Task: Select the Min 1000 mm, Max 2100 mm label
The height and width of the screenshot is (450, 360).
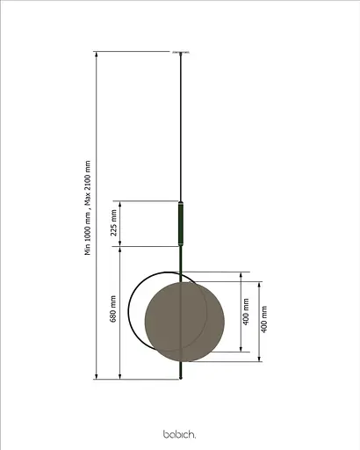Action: pyautogui.click(x=88, y=207)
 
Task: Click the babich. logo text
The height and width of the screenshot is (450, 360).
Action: pyautogui.click(x=180, y=434)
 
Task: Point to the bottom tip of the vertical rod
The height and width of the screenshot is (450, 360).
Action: pyautogui.click(x=182, y=379)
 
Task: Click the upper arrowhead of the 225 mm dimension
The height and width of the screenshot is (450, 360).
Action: pyautogui.click(x=122, y=203)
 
